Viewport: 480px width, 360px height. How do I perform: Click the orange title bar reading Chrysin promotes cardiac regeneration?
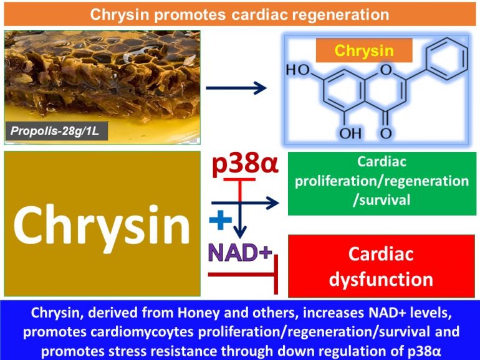pyautogui.click(x=240, y=14)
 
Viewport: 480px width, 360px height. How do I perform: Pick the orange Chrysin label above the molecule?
pyautogui.click(x=364, y=50)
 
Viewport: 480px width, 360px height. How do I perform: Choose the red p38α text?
pyautogui.click(x=244, y=165)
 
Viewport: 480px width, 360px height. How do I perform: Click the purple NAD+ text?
pyautogui.click(x=240, y=252)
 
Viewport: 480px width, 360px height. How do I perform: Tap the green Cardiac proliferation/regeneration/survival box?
pyautogui.click(x=382, y=181)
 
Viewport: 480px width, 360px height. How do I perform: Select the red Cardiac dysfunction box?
pyautogui.click(x=382, y=265)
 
